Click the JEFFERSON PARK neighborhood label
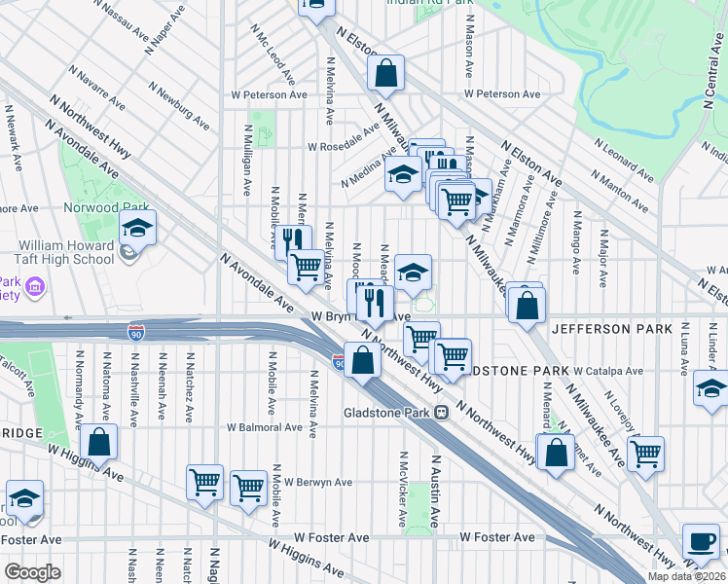pos(611,329)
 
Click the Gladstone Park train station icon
pos(441,412)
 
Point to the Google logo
pos(33,571)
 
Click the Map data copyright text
pos(684,576)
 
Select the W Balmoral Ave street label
pos(264,427)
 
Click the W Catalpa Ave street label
pos(607,371)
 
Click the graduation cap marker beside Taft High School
pos(137,230)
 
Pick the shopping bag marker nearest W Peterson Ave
pos(385,72)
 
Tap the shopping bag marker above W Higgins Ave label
pos(98,442)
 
